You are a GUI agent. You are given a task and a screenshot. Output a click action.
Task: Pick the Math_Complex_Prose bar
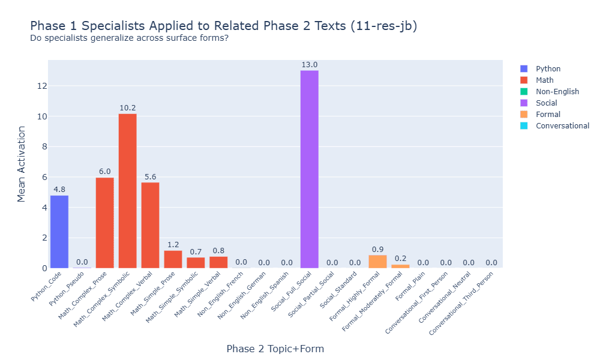click(105, 223)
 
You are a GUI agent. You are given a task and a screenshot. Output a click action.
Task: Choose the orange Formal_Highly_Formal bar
click(377, 262)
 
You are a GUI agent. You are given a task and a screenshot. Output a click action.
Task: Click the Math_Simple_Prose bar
click(173, 259)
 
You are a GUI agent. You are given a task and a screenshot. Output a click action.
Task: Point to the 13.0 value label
click(310, 65)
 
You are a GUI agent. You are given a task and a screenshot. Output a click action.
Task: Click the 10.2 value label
click(127, 108)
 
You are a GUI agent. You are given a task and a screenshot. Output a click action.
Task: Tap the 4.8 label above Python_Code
click(59, 190)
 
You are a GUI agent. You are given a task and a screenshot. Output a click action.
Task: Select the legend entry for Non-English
click(557, 92)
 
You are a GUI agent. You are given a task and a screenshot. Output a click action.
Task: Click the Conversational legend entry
click(562, 126)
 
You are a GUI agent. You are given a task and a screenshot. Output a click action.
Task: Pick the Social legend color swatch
click(524, 103)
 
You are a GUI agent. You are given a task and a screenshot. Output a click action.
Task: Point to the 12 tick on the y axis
click(41, 86)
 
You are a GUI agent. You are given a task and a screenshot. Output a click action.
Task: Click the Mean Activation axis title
click(22, 164)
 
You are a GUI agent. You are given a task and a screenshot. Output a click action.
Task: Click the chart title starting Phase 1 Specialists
click(223, 26)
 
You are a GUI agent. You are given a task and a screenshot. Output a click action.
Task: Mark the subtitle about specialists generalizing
click(129, 38)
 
